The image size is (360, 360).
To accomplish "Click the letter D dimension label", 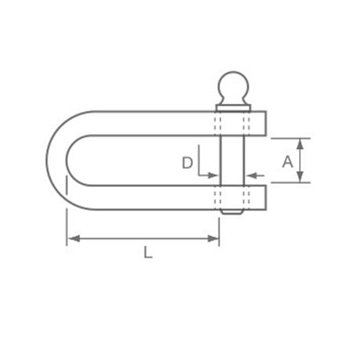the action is click(x=187, y=163).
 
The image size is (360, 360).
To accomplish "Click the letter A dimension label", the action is click(x=287, y=161).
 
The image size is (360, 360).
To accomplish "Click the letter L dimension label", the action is click(x=148, y=253).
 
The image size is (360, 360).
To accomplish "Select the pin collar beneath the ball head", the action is click(x=233, y=108).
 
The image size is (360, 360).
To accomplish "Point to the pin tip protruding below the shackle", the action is click(x=232, y=212).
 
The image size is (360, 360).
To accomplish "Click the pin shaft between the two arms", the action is click(x=232, y=160).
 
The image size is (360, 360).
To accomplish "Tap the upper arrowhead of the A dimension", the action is click(x=301, y=144).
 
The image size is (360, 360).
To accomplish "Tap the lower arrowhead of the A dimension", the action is click(x=301, y=177).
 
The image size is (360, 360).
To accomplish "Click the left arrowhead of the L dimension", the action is click(x=74, y=239).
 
